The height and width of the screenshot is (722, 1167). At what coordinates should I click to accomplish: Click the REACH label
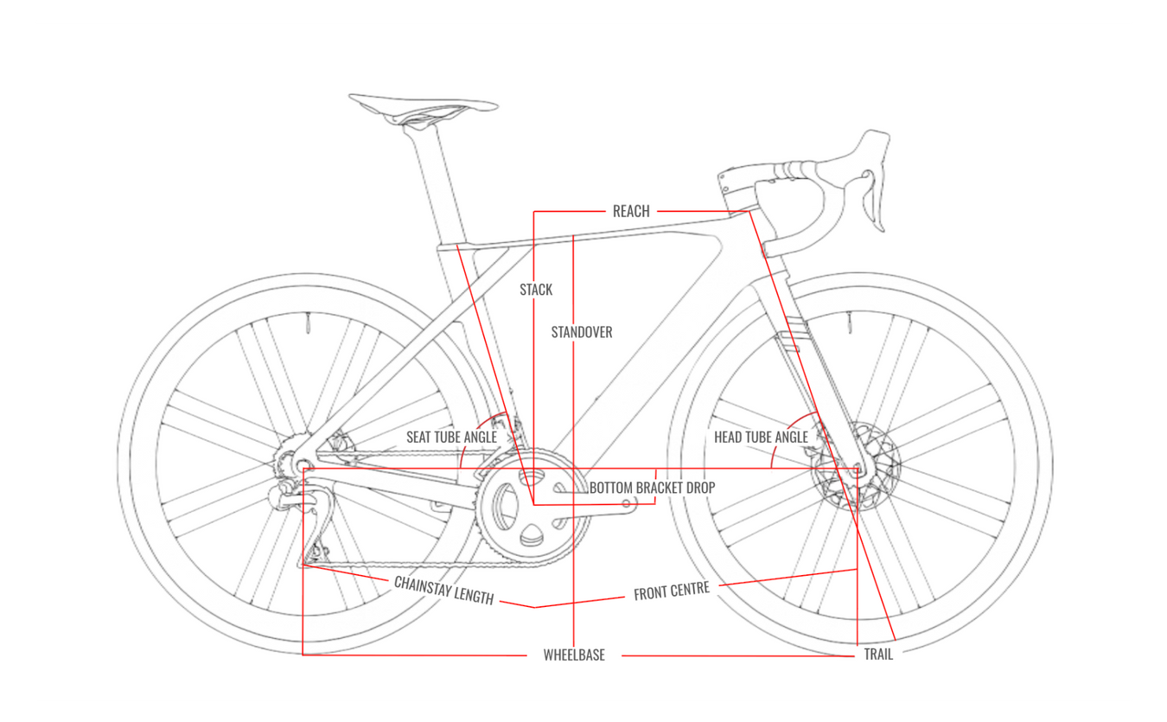pyautogui.click(x=631, y=211)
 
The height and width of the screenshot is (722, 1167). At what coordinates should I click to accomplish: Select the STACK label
pyautogui.click(x=536, y=290)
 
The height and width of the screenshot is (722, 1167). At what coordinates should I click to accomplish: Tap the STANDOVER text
pyautogui.click(x=582, y=332)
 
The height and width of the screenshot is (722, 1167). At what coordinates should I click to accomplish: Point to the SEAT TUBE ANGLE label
pyautogui.click(x=451, y=438)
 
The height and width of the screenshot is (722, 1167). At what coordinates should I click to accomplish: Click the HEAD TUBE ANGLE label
pyautogui.click(x=761, y=438)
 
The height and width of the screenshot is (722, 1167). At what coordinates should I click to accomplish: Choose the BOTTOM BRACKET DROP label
pyautogui.click(x=652, y=488)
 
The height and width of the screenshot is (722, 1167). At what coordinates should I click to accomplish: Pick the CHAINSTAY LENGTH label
pyautogui.click(x=443, y=590)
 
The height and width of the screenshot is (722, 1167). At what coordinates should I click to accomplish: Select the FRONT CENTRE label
pyautogui.click(x=672, y=591)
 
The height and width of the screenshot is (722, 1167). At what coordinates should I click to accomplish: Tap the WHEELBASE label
pyautogui.click(x=574, y=655)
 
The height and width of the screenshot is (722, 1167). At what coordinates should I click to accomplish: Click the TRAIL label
pyautogui.click(x=878, y=655)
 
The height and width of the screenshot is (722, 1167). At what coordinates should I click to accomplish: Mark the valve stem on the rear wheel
pyautogui.click(x=306, y=326)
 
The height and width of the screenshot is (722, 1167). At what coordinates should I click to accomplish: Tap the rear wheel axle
pyautogui.click(x=303, y=467)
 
